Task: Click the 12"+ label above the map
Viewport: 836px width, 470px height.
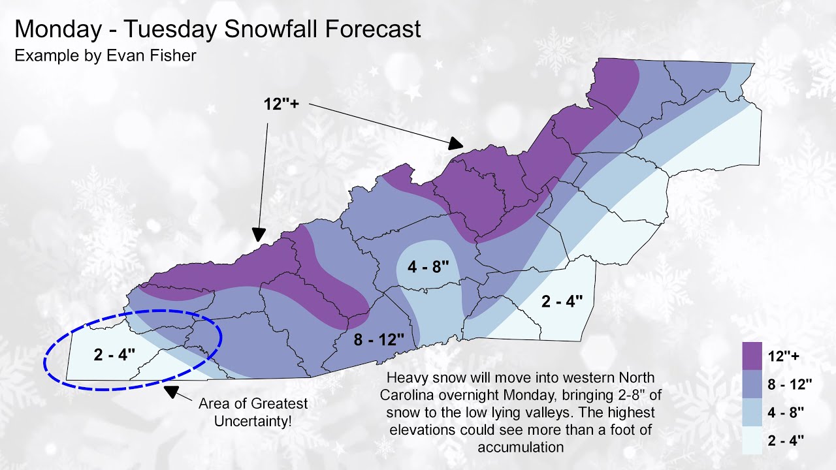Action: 281,104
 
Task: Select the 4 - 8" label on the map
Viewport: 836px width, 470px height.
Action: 429,268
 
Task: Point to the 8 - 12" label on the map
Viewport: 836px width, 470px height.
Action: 370,339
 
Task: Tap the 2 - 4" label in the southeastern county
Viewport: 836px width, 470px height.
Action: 562,302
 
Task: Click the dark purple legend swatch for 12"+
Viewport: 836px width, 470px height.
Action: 752,355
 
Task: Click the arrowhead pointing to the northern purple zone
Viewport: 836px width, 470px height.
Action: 456,144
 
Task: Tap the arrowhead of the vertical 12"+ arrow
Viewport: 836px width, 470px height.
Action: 259,235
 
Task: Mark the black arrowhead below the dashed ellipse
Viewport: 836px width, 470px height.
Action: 172,392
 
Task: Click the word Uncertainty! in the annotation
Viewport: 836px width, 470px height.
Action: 253,422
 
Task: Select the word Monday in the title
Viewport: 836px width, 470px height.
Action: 52,29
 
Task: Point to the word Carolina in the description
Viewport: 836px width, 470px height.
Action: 412,396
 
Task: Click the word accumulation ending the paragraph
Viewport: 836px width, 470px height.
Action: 520,447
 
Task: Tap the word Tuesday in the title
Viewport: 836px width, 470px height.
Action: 150,29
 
